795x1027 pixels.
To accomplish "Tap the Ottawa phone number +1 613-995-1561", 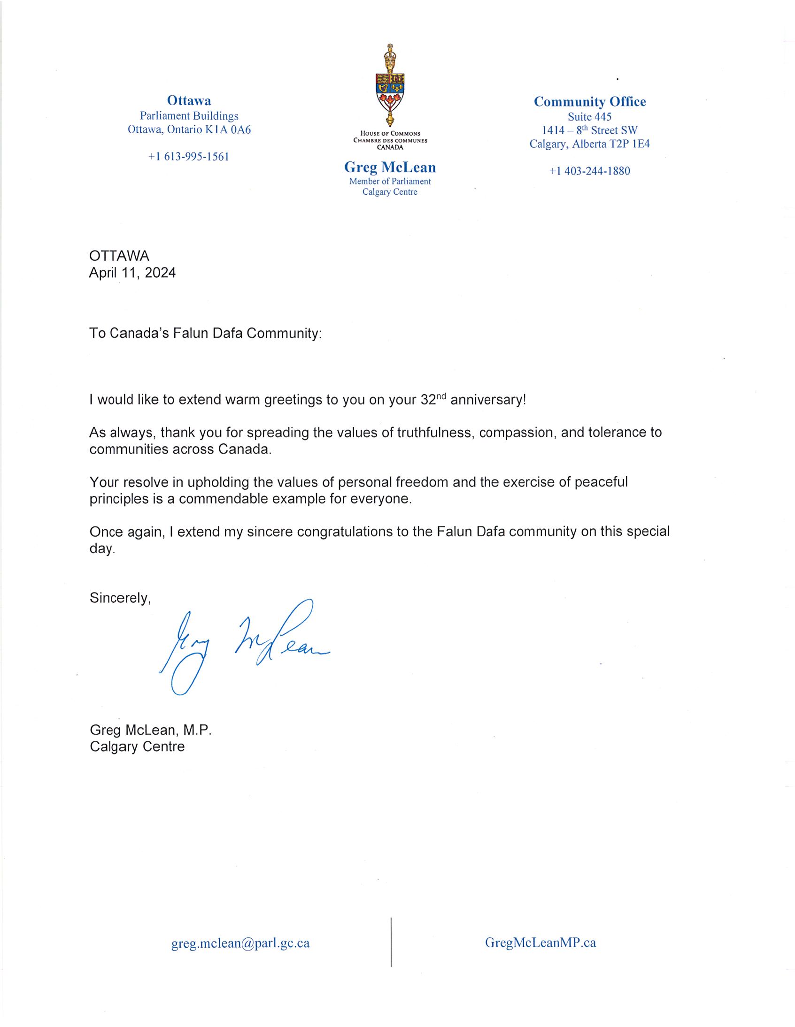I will [189, 157].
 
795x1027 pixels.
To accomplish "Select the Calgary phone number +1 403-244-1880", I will [589, 171].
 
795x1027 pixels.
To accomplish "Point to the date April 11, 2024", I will [132, 273].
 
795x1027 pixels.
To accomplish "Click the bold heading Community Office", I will [589, 101].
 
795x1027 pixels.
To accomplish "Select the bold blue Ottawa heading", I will [189, 100].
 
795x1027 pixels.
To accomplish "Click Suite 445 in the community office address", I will [589, 116].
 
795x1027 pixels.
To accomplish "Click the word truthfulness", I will [434, 432].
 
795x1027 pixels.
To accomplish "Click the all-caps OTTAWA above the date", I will [119, 256].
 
